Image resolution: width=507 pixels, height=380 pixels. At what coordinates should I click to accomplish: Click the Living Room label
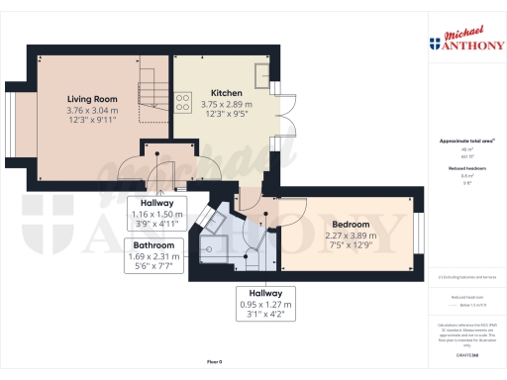92,100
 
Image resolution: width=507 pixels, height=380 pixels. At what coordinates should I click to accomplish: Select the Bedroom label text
352,225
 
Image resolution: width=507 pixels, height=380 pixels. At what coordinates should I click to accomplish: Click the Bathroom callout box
154,254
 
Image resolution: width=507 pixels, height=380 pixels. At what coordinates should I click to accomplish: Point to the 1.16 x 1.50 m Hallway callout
158,212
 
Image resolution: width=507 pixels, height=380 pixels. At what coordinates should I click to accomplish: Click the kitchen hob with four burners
183,98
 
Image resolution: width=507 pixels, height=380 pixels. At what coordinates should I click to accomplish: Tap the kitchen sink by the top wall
264,75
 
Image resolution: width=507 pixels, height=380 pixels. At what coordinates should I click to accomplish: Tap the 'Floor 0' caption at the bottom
214,363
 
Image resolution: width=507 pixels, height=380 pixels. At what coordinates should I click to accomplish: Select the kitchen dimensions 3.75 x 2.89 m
227,104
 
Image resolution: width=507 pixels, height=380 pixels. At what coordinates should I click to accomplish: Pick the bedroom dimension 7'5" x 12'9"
352,244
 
